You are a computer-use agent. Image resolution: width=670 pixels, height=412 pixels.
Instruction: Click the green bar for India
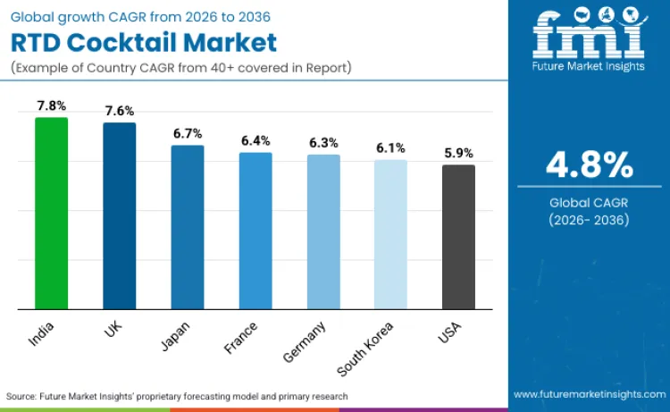(51, 214)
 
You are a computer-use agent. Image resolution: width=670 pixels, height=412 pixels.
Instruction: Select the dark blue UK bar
(119, 216)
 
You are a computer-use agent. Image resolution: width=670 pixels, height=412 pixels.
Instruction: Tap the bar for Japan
(188, 227)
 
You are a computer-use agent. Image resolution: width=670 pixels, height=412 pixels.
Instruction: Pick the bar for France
(255, 231)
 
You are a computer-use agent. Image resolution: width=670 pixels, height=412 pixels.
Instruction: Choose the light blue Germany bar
(323, 231)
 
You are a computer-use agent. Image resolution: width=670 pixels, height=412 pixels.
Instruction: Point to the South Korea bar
(390, 234)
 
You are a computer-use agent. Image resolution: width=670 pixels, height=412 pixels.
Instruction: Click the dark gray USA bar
(458, 237)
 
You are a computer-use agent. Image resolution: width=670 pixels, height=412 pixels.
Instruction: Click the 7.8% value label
(51, 105)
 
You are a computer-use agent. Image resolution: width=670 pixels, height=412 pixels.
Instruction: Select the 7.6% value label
(119, 111)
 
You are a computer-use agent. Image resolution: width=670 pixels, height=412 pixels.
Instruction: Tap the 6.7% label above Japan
(188, 133)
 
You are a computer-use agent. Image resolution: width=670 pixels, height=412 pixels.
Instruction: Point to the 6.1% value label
(390, 148)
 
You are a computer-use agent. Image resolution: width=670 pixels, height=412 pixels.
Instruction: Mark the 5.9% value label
(458, 153)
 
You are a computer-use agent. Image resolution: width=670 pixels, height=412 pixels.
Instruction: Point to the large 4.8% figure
(589, 164)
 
